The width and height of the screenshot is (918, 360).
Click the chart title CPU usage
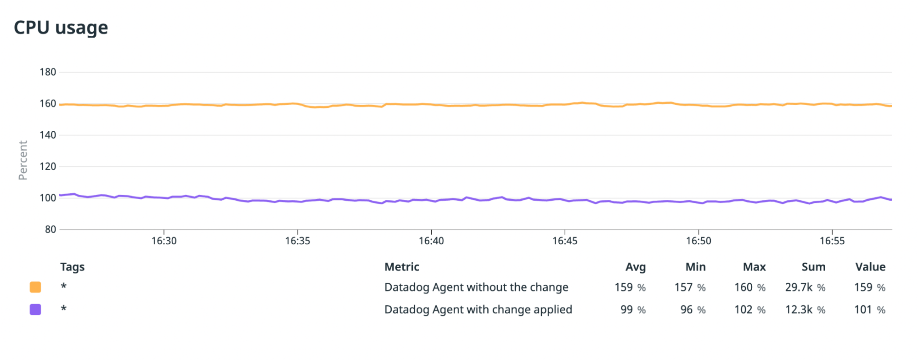click(x=61, y=28)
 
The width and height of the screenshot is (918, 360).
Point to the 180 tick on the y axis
click(x=48, y=72)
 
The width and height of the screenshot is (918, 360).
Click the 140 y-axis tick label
click(x=48, y=135)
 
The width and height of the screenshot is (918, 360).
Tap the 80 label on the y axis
click(x=51, y=230)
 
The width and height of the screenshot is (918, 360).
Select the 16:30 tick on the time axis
click(x=164, y=241)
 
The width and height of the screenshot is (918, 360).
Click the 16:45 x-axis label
click(x=565, y=241)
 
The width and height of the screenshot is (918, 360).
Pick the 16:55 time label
click(x=832, y=241)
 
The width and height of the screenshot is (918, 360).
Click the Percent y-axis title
click(x=23, y=160)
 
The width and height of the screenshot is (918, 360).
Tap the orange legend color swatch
click(x=35, y=287)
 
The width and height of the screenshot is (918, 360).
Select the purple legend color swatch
click(x=35, y=309)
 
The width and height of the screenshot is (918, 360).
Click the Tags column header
click(x=72, y=267)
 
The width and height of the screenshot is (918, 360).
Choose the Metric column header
click(x=402, y=267)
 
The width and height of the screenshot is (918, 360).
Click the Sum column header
click(x=813, y=267)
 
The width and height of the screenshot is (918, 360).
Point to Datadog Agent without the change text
click(x=476, y=287)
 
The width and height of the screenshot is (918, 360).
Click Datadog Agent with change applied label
click(x=478, y=309)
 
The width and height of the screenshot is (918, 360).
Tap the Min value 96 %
click(x=693, y=309)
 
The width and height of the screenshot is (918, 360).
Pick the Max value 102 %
click(x=749, y=309)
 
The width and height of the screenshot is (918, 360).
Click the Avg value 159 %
click(x=630, y=287)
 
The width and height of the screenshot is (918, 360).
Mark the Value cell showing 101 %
click(x=869, y=309)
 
